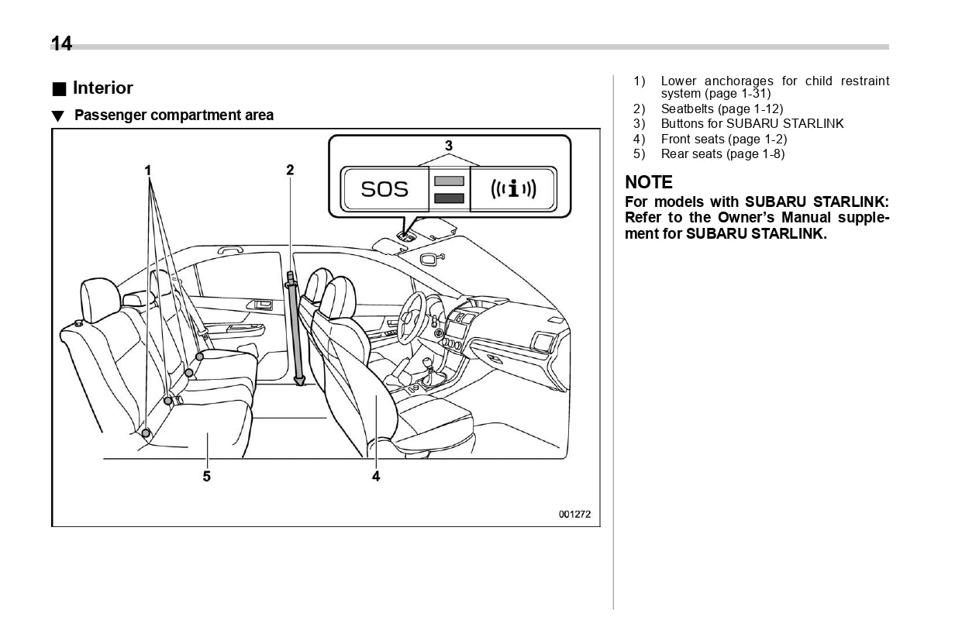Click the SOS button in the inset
coord(384,188)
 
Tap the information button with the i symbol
coord(513,188)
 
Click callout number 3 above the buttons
coord(448,145)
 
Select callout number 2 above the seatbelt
coord(290,170)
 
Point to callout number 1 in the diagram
coord(147,170)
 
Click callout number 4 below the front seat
coord(376,476)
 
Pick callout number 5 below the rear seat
coord(207,476)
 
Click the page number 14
coord(61,44)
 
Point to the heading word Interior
coord(102,88)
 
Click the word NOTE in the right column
coord(649,183)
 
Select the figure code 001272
coord(574,514)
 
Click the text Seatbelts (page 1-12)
coord(722,109)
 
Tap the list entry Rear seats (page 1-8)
coord(722,153)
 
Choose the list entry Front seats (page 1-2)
coord(723,139)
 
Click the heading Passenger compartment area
coord(174,115)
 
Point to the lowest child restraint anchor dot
coord(146,433)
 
